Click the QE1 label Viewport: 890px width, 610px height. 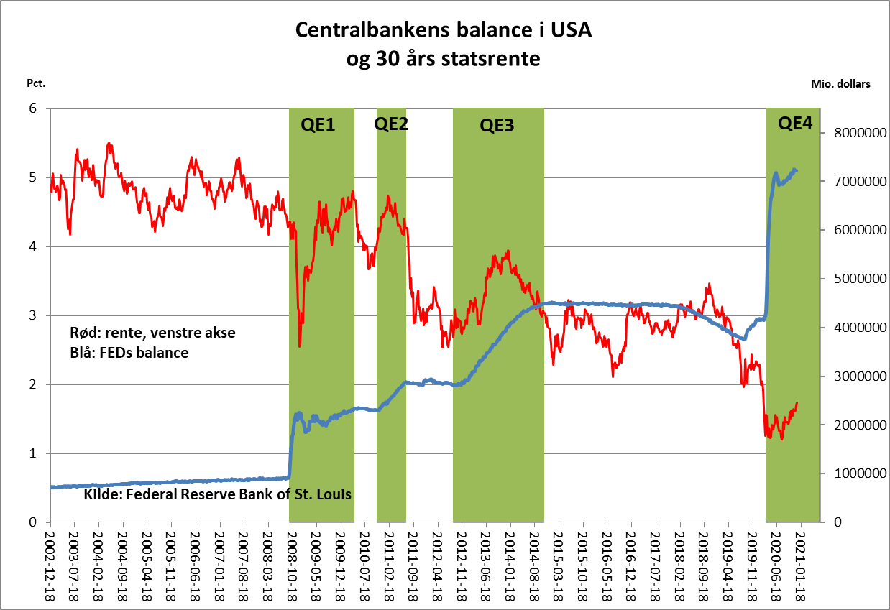click(x=316, y=125)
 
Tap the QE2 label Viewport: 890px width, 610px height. click(x=391, y=124)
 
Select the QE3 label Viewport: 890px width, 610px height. click(x=497, y=126)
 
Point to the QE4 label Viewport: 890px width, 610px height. click(x=795, y=124)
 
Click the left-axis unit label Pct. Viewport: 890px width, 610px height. click(x=36, y=83)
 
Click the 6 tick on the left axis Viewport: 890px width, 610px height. click(x=32, y=108)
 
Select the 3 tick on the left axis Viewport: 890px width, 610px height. click(x=32, y=315)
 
